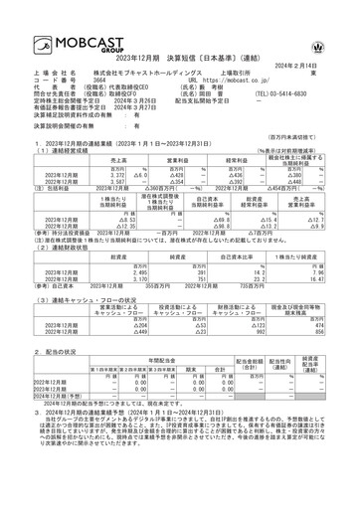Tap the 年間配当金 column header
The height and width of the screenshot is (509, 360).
coord(149,363)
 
